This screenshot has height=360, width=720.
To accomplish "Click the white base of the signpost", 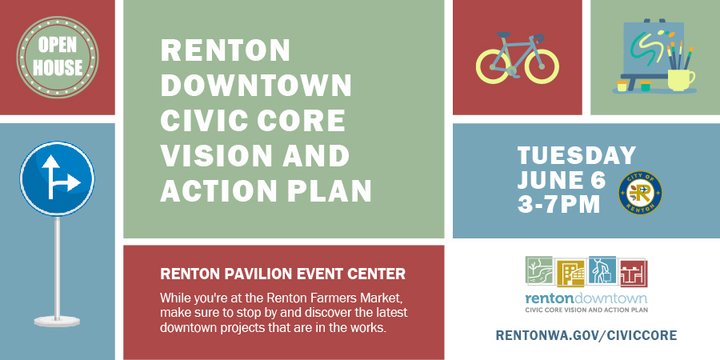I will pyautogui.click(x=57, y=321).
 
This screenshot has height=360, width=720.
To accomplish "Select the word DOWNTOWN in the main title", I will pyautogui.click(x=256, y=86).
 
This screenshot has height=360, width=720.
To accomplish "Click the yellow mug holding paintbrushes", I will pyautogui.click(x=680, y=78).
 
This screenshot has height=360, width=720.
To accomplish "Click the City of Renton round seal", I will pyautogui.click(x=641, y=192).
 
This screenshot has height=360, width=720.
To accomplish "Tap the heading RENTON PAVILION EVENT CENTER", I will pyautogui.click(x=283, y=274).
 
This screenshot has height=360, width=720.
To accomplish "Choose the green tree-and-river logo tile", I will pyautogui.click(x=539, y=272).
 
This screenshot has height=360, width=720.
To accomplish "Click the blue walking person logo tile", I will pyautogui.click(x=602, y=272).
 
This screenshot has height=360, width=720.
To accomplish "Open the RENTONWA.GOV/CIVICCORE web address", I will pyautogui.click(x=586, y=334).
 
